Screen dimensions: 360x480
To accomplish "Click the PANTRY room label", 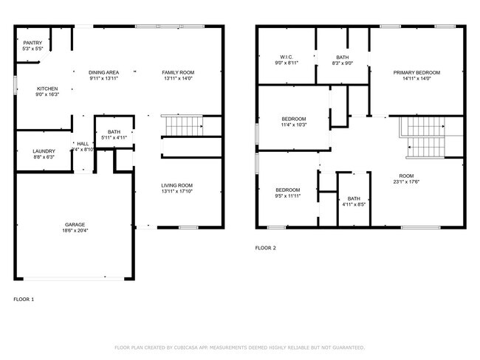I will coord(32,43).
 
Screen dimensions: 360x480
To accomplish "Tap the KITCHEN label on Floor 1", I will coord(47,89).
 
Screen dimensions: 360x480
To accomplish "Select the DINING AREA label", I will coord(104,72).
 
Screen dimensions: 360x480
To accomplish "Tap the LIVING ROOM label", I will coord(177,185).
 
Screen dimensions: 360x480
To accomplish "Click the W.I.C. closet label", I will coord(287,57).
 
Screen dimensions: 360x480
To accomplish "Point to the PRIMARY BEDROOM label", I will coord(416,72).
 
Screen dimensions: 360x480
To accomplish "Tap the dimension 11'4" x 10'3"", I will coord(293,125).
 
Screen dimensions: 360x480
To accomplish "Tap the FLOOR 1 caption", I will coord(24,300).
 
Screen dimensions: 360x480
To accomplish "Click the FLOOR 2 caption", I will coord(265,249).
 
